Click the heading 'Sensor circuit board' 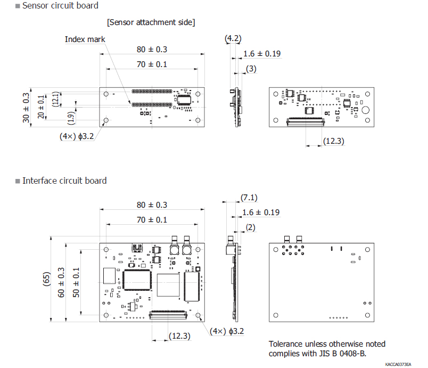tap(60, 6)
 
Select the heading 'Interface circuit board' tap(64, 181)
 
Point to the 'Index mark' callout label tap(85, 39)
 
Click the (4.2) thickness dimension tap(233, 38)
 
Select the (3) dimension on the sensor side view tap(251, 69)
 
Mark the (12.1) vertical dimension tap(57, 99)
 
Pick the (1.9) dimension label tap(71, 116)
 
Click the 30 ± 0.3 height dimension tap(27, 108)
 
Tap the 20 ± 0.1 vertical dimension tap(42, 107)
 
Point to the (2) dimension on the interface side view tap(251, 227)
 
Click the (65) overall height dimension tap(46, 280)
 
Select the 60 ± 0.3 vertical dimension tap(61, 282)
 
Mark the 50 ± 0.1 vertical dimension tap(76, 282)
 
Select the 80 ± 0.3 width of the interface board tap(152, 205)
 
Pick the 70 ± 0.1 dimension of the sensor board tap(152, 64)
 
